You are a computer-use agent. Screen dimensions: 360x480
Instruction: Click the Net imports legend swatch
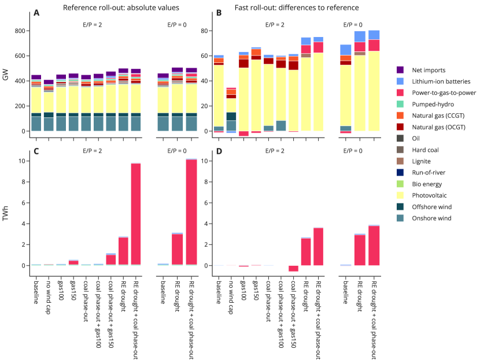[x=400, y=70]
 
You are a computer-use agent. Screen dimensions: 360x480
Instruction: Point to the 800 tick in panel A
[x=20, y=31]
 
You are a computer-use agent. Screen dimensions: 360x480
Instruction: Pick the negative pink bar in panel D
[x=294, y=268]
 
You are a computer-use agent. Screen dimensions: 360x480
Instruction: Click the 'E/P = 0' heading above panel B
[x=353, y=25]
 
